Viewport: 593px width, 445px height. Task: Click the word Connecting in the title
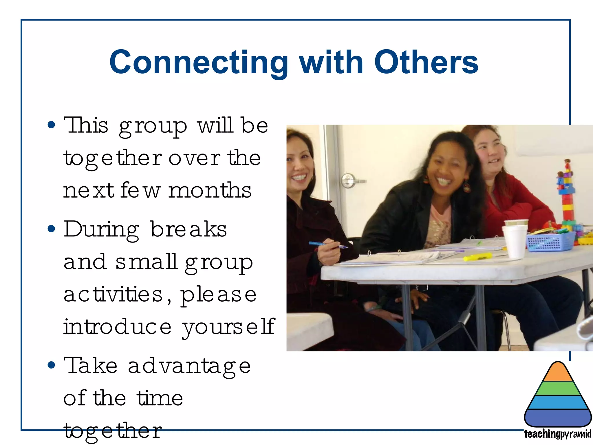(x=199, y=62)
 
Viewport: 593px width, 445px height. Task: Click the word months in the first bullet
(x=210, y=190)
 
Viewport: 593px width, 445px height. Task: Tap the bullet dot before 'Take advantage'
(x=51, y=365)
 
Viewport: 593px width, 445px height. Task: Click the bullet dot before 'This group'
(x=51, y=125)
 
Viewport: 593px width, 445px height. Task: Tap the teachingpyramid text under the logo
(x=557, y=434)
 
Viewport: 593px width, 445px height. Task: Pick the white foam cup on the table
(x=515, y=241)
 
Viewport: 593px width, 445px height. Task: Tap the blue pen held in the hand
(x=327, y=245)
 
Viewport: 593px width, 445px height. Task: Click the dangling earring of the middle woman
(x=466, y=187)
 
